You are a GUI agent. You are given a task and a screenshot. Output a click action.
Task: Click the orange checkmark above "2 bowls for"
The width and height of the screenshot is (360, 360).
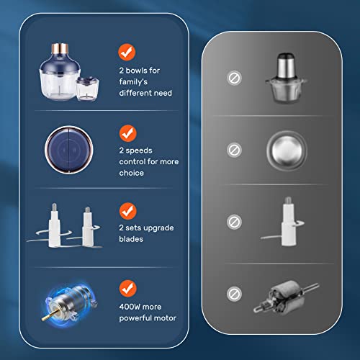pos(127,52)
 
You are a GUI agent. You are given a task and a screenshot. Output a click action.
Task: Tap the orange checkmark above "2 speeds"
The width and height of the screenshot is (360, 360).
pos(128,133)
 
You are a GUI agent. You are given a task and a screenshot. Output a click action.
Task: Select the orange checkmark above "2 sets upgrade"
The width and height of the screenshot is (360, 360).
pos(128,211)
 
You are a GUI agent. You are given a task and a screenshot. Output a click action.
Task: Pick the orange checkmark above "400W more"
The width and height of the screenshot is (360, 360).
pos(128,289)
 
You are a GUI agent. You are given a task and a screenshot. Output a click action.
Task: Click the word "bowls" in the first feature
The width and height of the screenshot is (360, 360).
pos(136,71)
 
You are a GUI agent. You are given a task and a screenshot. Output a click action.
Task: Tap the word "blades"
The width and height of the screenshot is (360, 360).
pos(131,239)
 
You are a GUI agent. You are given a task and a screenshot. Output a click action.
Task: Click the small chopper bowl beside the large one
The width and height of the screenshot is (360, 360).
pos(88,89)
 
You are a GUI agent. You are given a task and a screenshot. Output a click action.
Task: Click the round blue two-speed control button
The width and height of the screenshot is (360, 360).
pos(69,150)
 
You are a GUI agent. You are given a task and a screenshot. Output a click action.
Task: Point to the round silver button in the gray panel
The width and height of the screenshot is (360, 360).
pos(287,150)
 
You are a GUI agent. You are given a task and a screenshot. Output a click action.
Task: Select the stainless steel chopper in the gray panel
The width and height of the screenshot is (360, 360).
pos(286,78)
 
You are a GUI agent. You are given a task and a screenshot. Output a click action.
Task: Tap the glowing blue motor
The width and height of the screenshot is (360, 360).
pos(70,303)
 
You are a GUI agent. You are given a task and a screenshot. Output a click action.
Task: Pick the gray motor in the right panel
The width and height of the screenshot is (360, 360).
pos(286,297)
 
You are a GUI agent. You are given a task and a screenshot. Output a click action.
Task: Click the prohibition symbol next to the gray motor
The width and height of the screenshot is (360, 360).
pos(234,294)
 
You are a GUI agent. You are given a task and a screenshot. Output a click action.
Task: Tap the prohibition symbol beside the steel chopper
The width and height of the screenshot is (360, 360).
pos(234,78)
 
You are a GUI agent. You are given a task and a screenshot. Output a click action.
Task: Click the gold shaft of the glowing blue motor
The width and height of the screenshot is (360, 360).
pos(50,315)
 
